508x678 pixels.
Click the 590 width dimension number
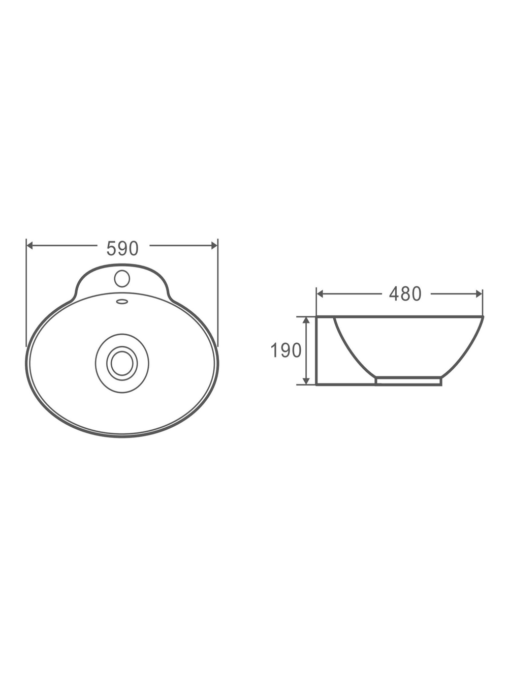[122, 248]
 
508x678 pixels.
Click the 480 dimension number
[405, 294]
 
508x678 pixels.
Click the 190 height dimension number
[285, 350]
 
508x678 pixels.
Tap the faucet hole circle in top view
[122, 278]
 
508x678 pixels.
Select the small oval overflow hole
[122, 301]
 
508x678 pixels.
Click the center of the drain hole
[122, 363]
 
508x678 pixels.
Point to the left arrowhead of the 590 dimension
[29, 246]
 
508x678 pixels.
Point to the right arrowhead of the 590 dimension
[214, 246]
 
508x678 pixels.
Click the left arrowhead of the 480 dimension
[320, 294]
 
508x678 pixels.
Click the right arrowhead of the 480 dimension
[479, 294]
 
